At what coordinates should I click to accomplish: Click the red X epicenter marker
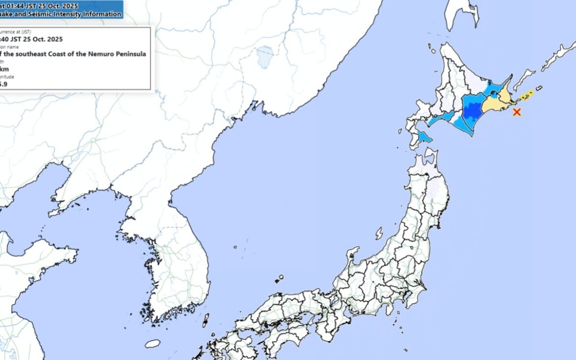516,112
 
